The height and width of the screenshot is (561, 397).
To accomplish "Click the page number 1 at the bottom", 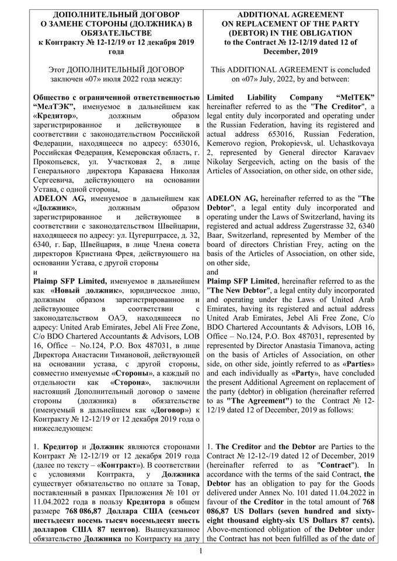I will [200, 551].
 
